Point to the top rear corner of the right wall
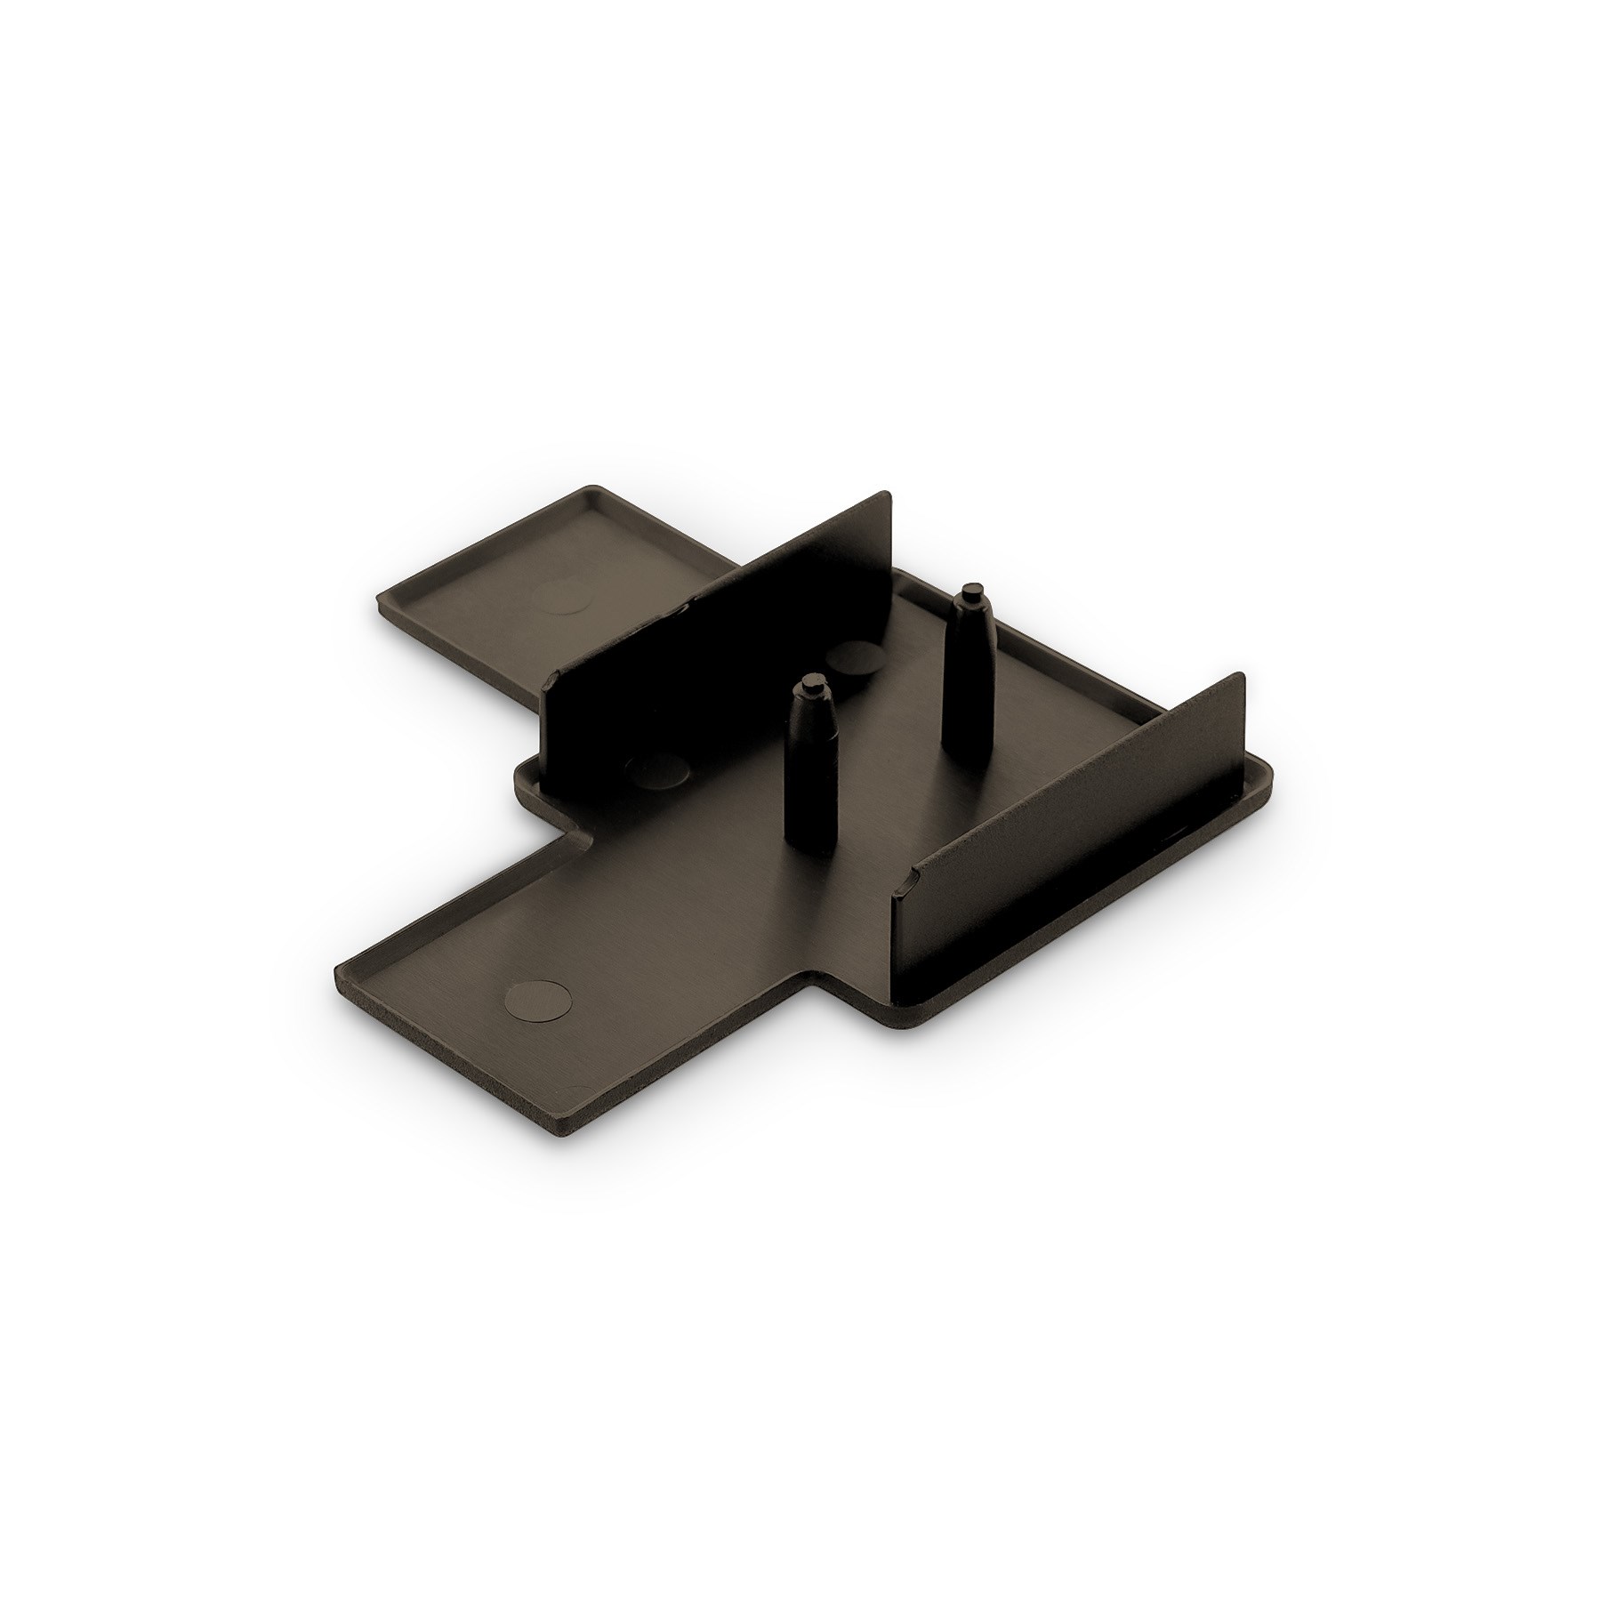click(x=1239, y=674)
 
